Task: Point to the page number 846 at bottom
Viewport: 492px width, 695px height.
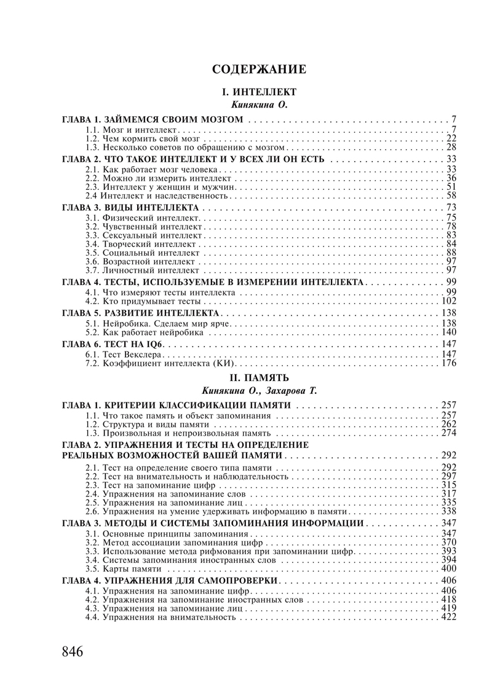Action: tap(73, 651)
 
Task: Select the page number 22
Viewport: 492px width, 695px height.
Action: tap(451, 138)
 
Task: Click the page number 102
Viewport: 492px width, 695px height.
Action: tap(448, 302)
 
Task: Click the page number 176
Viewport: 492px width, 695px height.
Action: tap(448, 363)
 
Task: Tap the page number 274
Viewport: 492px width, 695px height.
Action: tap(448, 433)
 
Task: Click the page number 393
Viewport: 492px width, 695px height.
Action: tap(448, 551)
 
